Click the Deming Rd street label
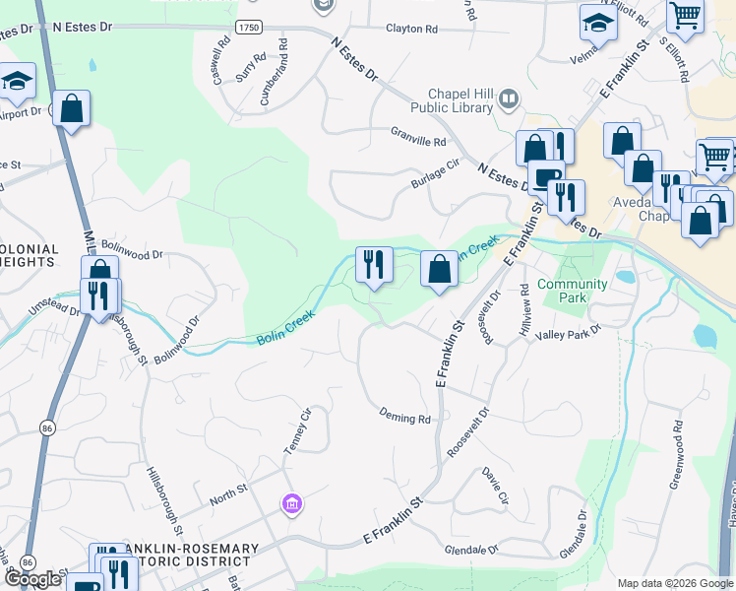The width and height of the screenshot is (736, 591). coord(405,418)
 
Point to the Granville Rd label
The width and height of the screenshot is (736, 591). coord(418,141)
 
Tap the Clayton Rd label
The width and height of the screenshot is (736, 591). coord(411,30)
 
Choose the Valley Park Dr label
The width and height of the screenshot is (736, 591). coord(561,336)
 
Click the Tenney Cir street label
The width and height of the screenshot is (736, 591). coord(297,431)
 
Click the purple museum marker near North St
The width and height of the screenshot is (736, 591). coord(290,505)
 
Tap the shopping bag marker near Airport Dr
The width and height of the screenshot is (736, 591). coord(72,108)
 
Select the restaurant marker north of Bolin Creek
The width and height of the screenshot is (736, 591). coord(374,264)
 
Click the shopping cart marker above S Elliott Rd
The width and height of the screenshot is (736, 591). coord(685,15)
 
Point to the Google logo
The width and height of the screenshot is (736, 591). coord(33,579)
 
